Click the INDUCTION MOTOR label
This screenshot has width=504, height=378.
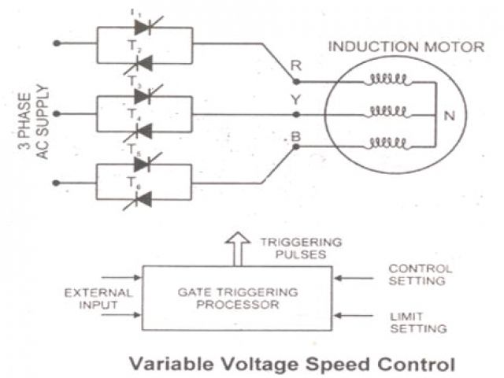pyautogui.click(x=406, y=46)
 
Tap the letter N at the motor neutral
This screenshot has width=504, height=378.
pyautogui.click(x=450, y=116)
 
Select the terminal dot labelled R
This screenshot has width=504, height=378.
pyautogui.click(x=295, y=80)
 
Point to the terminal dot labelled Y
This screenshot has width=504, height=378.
pyautogui.click(x=295, y=114)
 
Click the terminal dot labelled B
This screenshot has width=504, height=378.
pyautogui.click(x=295, y=146)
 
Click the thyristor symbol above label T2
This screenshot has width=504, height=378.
pyautogui.click(x=143, y=28)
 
